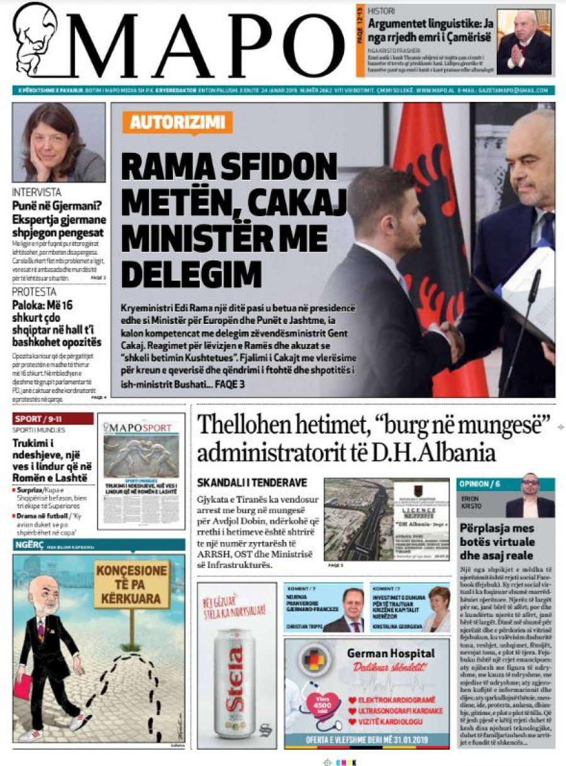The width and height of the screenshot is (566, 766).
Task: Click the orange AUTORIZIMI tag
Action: (172, 123)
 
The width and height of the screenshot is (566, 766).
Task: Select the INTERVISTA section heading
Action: (37, 192)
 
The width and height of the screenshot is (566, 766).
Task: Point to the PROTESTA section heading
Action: (35, 291)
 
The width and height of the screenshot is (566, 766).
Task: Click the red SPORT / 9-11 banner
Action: (53, 419)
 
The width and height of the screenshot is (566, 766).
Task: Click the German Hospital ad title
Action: (391, 653)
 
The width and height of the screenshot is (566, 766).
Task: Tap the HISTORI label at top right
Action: (382, 11)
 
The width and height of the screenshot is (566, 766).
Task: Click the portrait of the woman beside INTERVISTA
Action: (58, 142)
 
